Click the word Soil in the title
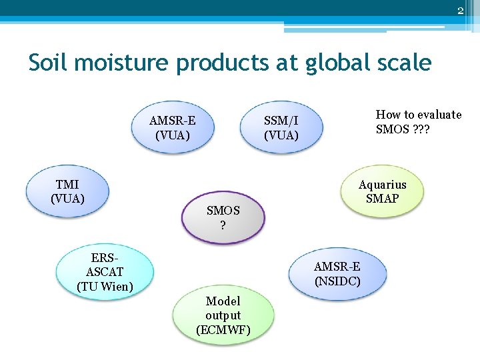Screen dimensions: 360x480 [50, 63]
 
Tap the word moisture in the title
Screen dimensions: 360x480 [123, 63]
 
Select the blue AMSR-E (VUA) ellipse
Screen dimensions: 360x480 [173, 127]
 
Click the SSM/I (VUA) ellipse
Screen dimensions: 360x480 [281, 127]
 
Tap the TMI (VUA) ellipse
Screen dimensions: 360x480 [67, 191]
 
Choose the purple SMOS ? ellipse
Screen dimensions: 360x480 [223, 217]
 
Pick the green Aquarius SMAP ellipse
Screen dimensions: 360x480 [382, 191]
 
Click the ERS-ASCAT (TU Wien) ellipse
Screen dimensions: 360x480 [105, 273]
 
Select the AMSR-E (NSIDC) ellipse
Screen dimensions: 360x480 [337, 273]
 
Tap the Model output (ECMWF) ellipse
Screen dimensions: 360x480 [223, 315]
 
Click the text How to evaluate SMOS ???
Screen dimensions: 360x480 [418, 121]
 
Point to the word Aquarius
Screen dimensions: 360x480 [382, 185]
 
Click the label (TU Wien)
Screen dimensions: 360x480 [105, 287]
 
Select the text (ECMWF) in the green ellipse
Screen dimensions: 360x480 [223, 329]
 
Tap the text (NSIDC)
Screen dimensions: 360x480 [337, 281]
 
